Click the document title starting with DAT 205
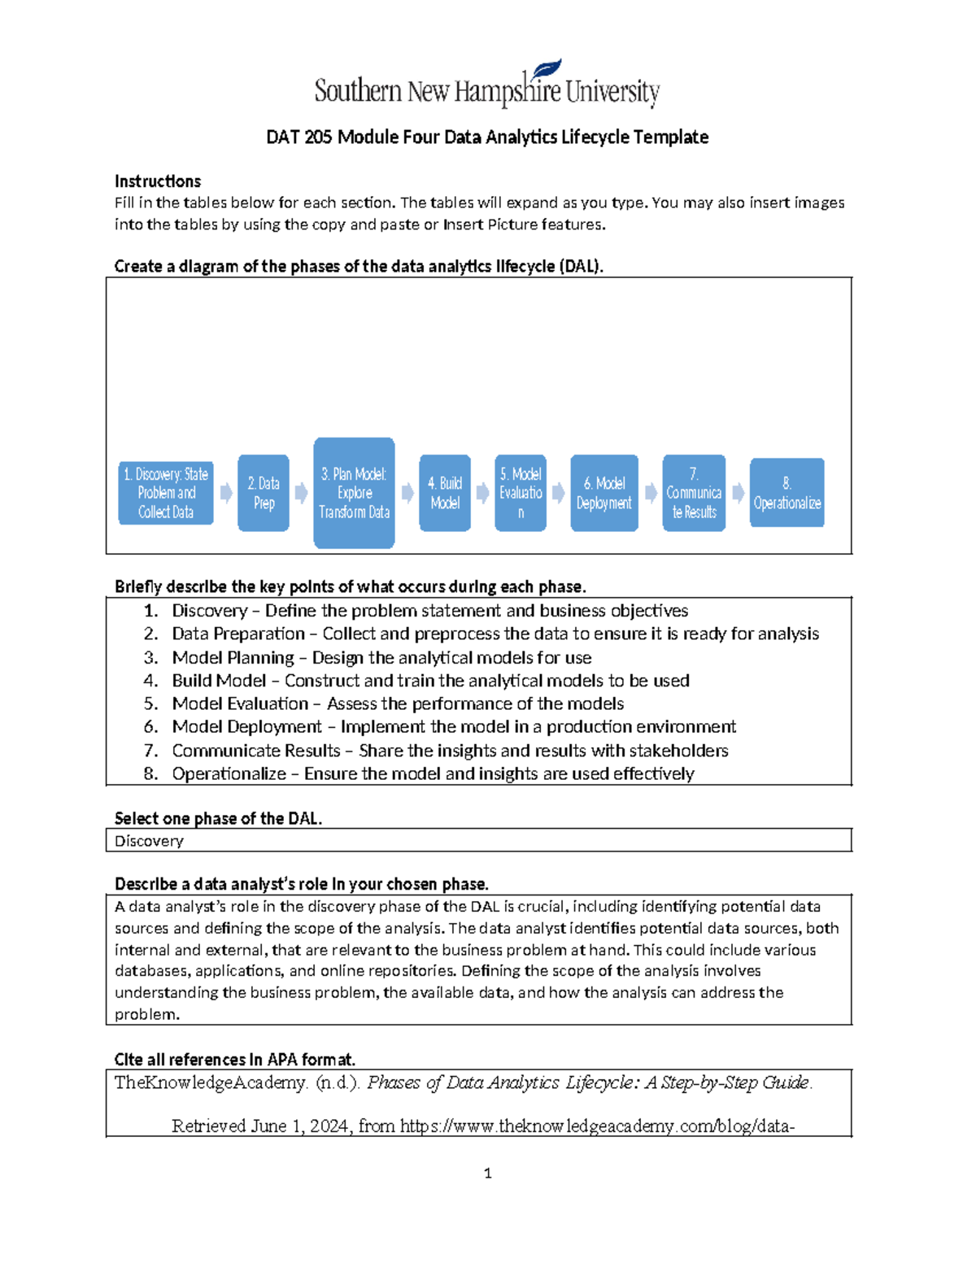pyautogui.click(x=487, y=137)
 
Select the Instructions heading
pyautogui.click(x=158, y=181)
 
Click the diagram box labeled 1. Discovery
pyautogui.click(x=166, y=493)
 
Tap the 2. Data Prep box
pyautogui.click(x=264, y=493)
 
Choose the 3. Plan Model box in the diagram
pyautogui.click(x=354, y=493)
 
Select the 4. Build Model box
pyautogui.click(x=445, y=493)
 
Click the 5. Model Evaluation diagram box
pyautogui.click(x=521, y=493)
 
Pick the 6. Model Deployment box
pyautogui.click(x=604, y=493)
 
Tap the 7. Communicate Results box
pyautogui.click(x=694, y=493)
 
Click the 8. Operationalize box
pyautogui.click(x=786, y=493)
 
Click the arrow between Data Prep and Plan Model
pyautogui.click(x=301, y=493)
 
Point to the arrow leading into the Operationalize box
pyautogui.click(x=738, y=493)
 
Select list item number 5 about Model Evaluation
pyautogui.click(x=398, y=703)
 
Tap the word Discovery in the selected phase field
pyautogui.click(x=149, y=841)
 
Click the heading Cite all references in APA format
pyautogui.click(x=235, y=1060)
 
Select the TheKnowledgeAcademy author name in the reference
pyautogui.click(x=211, y=1082)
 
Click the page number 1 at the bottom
pyautogui.click(x=487, y=1173)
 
